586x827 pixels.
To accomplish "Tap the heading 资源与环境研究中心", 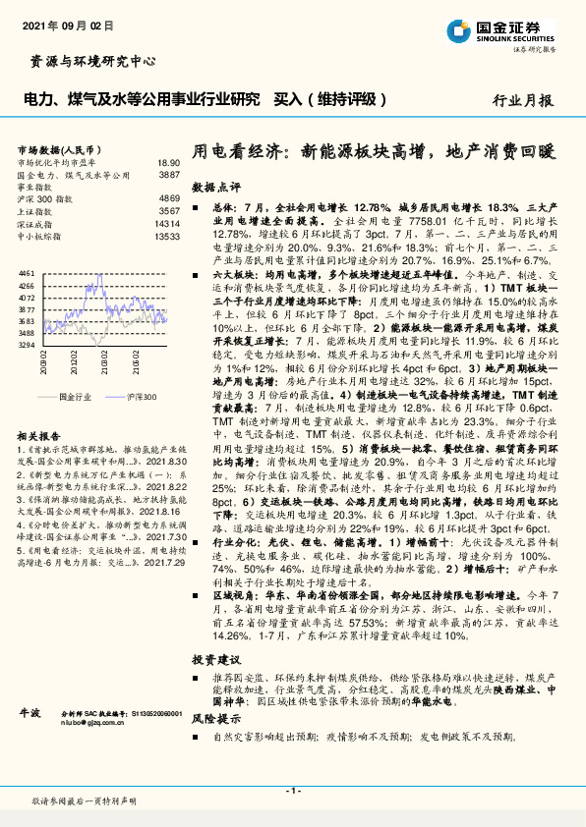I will [x=88, y=62].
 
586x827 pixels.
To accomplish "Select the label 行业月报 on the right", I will [x=522, y=100].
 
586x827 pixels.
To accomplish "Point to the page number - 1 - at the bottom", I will [x=292, y=791].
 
